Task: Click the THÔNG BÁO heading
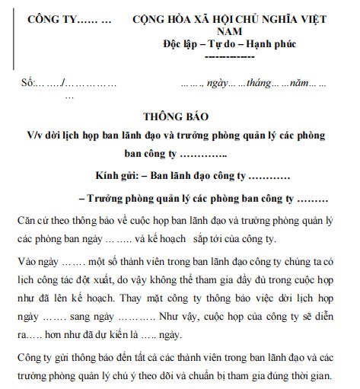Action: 180,117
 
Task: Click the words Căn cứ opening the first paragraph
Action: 33,221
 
